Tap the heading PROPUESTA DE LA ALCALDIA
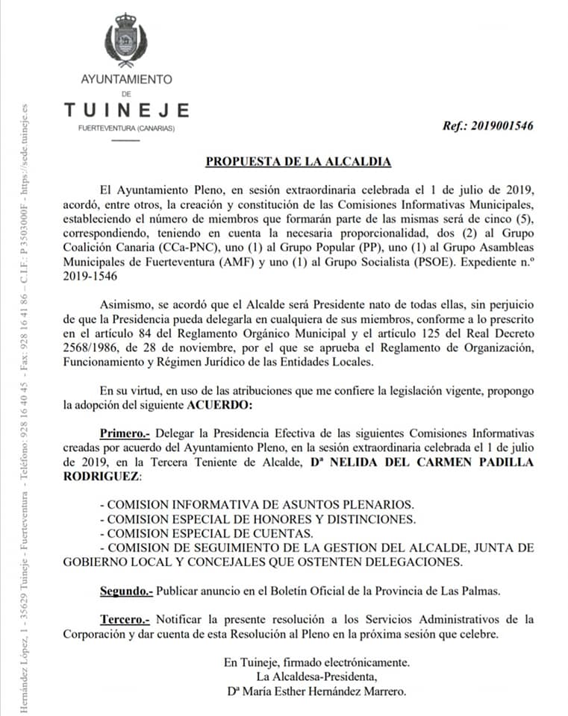click(299, 161)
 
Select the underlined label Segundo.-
click(127, 591)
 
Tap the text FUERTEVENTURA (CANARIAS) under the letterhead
click(126, 129)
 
